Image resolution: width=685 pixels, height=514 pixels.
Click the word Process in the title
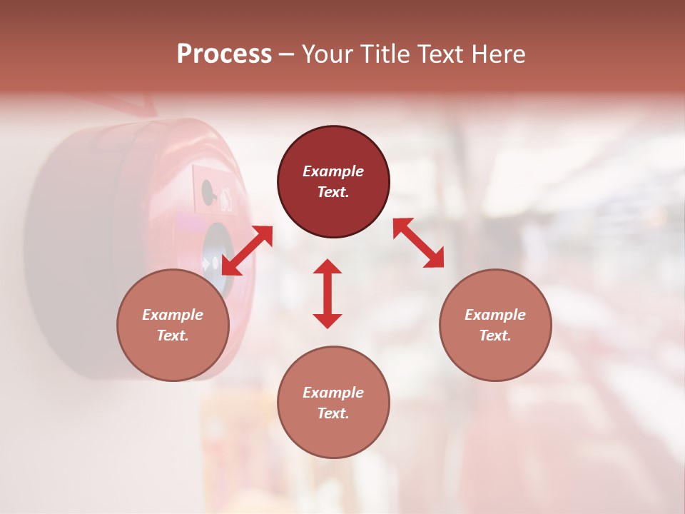click(x=224, y=54)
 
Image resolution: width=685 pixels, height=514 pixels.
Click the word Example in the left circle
click(x=173, y=315)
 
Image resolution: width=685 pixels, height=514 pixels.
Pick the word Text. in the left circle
click(x=173, y=336)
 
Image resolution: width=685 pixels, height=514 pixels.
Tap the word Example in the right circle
click(x=495, y=315)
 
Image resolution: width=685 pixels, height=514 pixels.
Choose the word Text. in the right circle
click(x=495, y=336)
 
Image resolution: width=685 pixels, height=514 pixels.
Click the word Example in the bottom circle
click(x=333, y=393)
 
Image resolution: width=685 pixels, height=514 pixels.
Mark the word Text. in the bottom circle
click(x=333, y=413)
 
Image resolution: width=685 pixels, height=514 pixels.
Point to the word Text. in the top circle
click(x=333, y=192)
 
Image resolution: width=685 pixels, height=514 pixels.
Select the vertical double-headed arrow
click(x=328, y=293)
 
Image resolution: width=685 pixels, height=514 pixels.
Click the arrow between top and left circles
click(x=247, y=251)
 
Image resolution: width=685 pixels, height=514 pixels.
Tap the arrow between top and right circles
click(x=419, y=243)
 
